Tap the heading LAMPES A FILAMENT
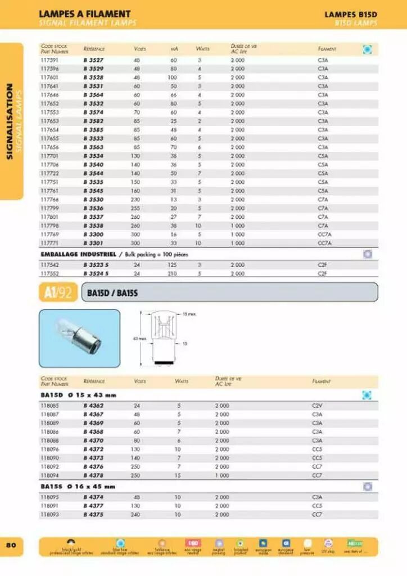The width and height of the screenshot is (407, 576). tap(84, 13)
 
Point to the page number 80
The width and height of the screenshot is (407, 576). tap(11, 544)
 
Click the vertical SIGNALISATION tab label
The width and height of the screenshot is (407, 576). tap(10, 121)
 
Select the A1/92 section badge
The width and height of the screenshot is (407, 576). tap(57, 292)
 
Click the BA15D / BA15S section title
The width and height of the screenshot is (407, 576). tap(112, 292)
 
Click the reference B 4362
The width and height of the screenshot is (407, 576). tap(93, 406)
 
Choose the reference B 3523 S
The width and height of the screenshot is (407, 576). tap(96, 264)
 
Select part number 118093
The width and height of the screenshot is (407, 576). tap(50, 514)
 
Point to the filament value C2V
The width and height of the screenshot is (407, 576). tap(317, 406)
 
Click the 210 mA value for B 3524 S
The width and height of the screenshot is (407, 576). tap(173, 273)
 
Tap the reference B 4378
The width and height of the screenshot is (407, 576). tap(93, 475)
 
